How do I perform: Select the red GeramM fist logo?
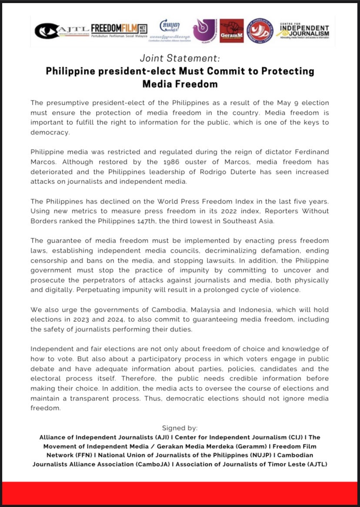click(x=231, y=31)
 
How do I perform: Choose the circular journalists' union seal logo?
click(x=260, y=30)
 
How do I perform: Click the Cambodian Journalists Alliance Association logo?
click(x=170, y=30)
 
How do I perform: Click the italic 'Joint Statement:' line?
click(x=180, y=58)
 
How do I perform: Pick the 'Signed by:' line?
click(x=180, y=428)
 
